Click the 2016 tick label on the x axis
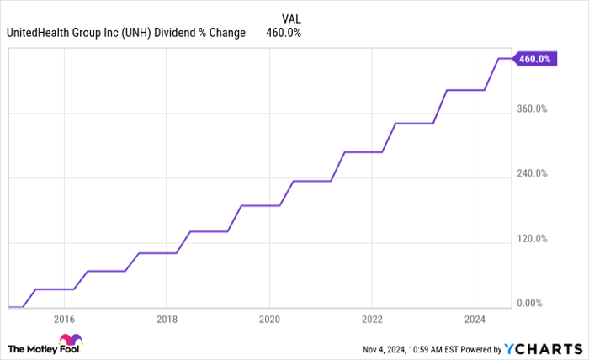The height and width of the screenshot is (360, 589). (x=64, y=320)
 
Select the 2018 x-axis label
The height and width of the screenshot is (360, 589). (x=167, y=320)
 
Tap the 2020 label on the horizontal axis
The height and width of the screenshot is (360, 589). (x=269, y=320)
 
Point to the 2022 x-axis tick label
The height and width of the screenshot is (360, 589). (x=372, y=320)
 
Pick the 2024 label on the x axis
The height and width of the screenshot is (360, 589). (x=475, y=320)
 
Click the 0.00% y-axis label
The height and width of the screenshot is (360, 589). (x=533, y=304)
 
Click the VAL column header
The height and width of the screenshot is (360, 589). (x=289, y=18)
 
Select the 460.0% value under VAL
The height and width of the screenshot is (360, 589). (x=284, y=34)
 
